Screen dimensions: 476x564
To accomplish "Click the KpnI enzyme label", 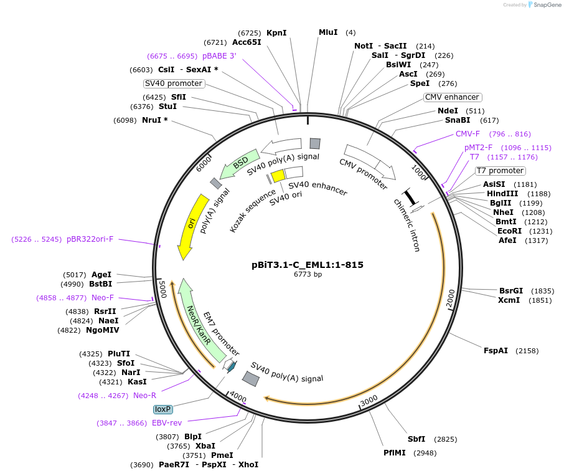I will tap(276, 32).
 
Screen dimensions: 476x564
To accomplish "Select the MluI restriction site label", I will tap(328, 32).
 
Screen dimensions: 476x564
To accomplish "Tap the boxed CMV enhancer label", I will tap(453, 97).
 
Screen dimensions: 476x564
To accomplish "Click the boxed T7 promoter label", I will tap(501, 171).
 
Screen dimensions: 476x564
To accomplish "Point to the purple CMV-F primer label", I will tap(468, 134).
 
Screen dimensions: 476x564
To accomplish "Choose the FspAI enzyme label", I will tap(496, 351).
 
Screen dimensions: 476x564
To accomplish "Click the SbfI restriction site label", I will tap(416, 439).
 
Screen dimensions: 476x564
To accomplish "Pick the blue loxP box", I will tap(163, 409).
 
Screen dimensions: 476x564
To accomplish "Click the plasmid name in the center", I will tap(308, 264).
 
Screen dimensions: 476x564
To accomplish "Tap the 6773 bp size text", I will tap(308, 274).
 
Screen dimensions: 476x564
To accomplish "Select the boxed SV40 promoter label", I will tap(174, 83).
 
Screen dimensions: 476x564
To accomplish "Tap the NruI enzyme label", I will tap(155, 120).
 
